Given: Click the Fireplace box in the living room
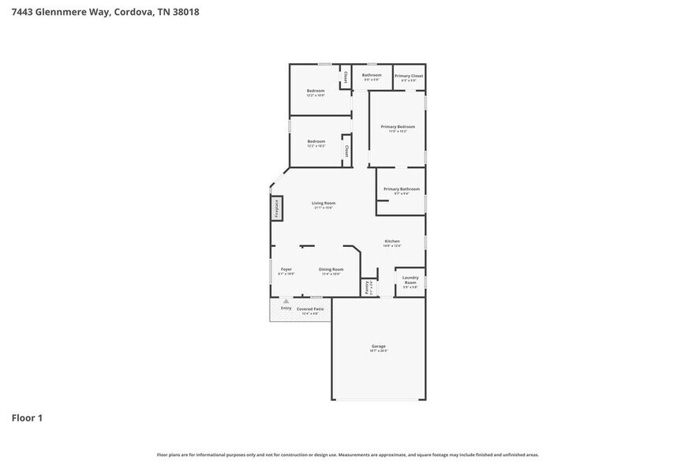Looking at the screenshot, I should pyautogui.click(x=277, y=208).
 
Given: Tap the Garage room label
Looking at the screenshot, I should pyautogui.click(x=379, y=346).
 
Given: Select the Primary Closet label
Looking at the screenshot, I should pyautogui.click(x=409, y=76).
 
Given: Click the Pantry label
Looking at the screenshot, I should pyautogui.click(x=367, y=288).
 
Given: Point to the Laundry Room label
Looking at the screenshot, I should pyautogui.click(x=410, y=279).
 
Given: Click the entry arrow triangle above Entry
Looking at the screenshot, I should pyautogui.click(x=286, y=301).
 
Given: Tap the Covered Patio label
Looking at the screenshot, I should pyautogui.click(x=310, y=309).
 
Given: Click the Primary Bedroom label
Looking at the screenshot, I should pyautogui.click(x=398, y=126).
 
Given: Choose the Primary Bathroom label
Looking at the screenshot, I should pyautogui.click(x=402, y=189).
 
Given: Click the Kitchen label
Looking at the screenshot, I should pyautogui.click(x=392, y=241).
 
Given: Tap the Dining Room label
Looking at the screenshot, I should pyautogui.click(x=331, y=269).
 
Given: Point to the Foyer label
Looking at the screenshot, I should pyautogui.click(x=286, y=269).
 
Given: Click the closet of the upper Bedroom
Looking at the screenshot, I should pyautogui.click(x=345, y=77).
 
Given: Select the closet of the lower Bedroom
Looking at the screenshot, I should pyautogui.click(x=346, y=150).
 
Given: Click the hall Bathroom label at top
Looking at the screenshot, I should pyautogui.click(x=372, y=75).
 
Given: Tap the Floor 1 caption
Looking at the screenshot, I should pyautogui.click(x=26, y=417).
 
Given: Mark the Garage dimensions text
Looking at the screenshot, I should pyautogui.click(x=379, y=350).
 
